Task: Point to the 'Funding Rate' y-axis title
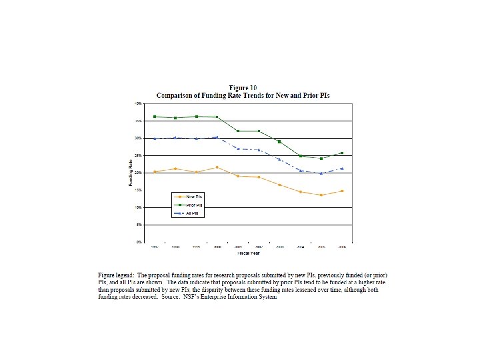pos(131,173)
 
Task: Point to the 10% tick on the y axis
pos(138,207)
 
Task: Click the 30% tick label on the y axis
pos(138,138)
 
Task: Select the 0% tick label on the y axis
pos(139,242)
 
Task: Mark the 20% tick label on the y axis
pos(138,173)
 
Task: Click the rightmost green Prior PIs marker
pos(342,153)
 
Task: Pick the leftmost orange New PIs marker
pos(155,172)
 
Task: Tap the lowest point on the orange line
pos(321,195)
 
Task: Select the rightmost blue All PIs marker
pos(342,169)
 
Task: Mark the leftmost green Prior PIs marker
pos(155,117)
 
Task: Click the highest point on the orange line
pos(217,167)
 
